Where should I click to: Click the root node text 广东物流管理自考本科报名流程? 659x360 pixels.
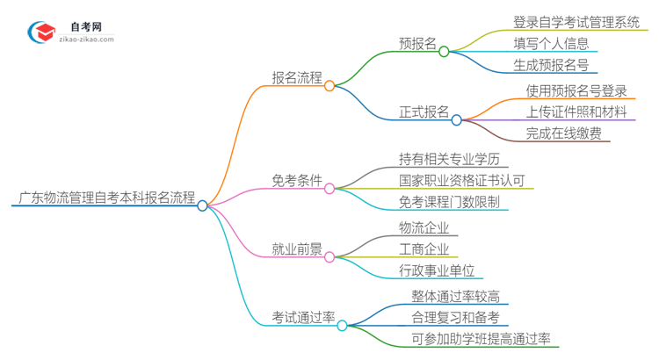104,198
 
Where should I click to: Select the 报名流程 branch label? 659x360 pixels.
295,77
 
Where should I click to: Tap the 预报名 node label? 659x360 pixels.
417,43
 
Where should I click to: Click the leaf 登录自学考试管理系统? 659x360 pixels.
576,22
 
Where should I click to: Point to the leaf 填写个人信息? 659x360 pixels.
551,43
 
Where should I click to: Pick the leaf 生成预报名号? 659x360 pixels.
551,64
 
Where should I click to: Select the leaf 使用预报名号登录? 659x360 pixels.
576,90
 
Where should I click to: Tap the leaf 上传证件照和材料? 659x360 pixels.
576,112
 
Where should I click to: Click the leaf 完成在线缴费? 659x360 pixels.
563,133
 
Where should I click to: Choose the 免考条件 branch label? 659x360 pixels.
295,180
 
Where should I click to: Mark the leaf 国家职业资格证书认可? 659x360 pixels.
461,180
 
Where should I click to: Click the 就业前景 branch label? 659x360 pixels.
295,248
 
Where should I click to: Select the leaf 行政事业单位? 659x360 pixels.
436,270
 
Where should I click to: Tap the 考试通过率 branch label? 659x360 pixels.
303,317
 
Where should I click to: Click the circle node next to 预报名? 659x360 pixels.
444,51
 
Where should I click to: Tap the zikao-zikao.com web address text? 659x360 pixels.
86,39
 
